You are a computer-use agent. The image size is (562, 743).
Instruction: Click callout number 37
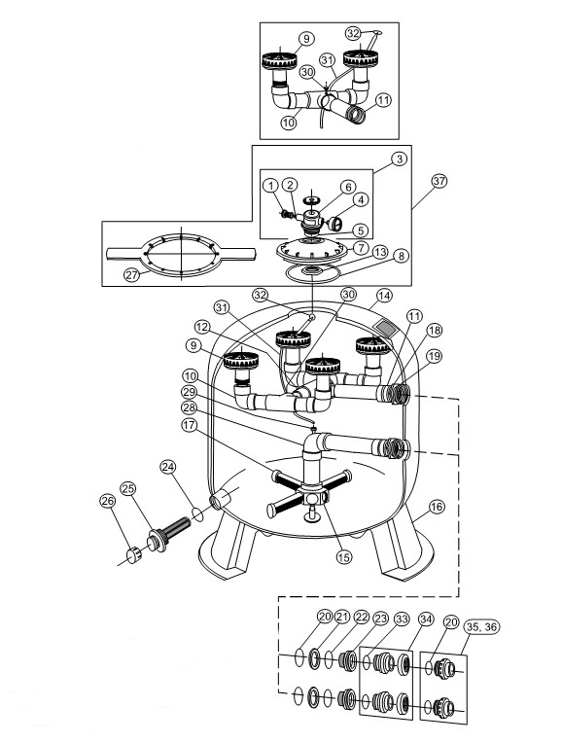[439, 181]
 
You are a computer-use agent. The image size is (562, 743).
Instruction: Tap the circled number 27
[132, 274]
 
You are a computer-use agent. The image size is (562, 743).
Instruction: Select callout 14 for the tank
[385, 296]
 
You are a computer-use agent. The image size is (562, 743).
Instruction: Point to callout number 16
[437, 507]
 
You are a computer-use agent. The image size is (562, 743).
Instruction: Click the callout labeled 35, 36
[482, 627]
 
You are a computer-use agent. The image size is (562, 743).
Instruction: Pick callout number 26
[108, 501]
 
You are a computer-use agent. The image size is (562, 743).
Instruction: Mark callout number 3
[400, 159]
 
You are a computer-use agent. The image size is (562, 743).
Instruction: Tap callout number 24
[168, 467]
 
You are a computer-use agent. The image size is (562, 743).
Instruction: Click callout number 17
[189, 426]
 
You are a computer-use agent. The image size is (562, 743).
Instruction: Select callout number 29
[189, 392]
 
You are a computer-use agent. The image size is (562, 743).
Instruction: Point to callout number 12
[202, 327]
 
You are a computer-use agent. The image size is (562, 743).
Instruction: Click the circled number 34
[426, 619]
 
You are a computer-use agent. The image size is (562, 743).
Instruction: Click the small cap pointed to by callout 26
[132, 552]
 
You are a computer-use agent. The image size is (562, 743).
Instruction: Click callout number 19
[434, 356]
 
